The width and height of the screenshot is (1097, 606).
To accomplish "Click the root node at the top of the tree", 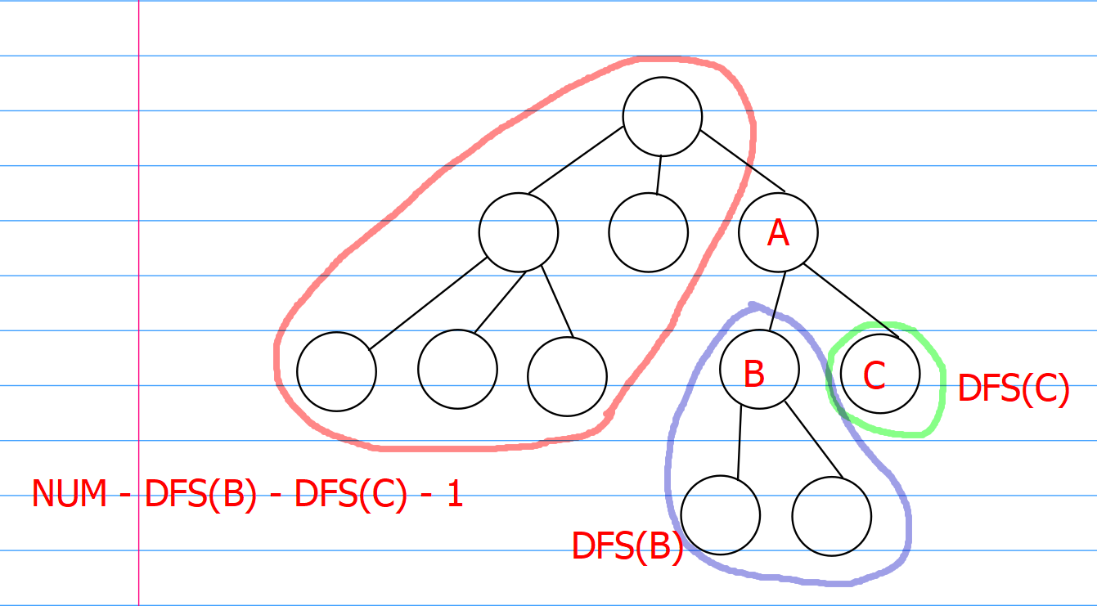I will pos(662,116).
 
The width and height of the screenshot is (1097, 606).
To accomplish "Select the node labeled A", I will pos(778,233).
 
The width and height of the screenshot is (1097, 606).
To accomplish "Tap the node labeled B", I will pos(759,370).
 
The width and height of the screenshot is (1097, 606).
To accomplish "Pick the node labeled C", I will pos(879,374).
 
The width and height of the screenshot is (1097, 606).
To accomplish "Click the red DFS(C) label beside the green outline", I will pos(1013,388).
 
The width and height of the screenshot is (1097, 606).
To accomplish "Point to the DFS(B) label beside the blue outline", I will pos(627,546).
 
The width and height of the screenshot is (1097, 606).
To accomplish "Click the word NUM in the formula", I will pos(70,494).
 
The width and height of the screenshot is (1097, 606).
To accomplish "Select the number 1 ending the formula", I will pos(455,494).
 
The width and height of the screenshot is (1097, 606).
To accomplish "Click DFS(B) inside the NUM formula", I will pos(200,494).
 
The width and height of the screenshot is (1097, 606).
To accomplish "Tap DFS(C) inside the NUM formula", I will pos(350,494).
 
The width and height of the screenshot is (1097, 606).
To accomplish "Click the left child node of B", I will pos(720,515).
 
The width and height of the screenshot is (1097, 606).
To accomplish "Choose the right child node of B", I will pos(831,516).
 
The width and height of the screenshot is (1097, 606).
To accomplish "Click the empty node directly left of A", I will pos(648,232).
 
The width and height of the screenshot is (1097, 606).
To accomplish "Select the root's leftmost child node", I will pos(519,232).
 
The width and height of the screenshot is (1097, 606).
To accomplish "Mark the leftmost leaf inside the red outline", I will pos(336,371).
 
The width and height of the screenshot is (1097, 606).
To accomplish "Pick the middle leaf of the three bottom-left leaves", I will pos(457,369).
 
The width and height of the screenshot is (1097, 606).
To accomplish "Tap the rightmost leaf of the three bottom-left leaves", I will pos(567,375).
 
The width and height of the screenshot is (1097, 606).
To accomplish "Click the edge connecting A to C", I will pos(851,300).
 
